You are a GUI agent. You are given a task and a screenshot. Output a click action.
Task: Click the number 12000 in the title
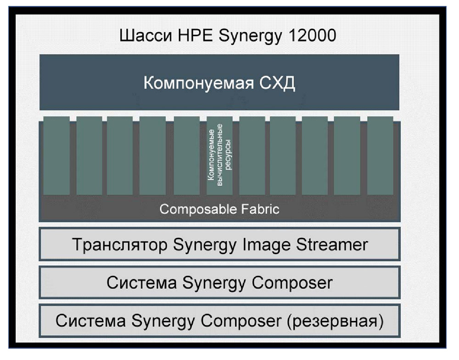tap(312, 35)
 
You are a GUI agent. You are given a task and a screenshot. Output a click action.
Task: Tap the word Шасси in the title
tap(146, 36)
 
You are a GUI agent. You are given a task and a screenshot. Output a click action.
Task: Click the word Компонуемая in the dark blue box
tap(198, 83)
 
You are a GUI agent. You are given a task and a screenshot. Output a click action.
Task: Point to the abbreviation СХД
tap(277, 83)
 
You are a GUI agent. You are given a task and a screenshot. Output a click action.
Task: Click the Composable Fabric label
tap(219, 209)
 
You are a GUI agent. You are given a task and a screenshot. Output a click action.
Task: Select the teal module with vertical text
tap(219, 155)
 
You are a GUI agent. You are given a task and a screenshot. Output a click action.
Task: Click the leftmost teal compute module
tap(56, 155)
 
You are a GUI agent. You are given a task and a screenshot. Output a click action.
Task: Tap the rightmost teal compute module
tap(380, 155)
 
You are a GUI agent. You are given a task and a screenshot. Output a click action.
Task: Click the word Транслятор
tap(120, 245)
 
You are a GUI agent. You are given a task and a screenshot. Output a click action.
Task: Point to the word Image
tap(266, 245)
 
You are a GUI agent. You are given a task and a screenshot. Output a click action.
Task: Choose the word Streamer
tap(332, 245)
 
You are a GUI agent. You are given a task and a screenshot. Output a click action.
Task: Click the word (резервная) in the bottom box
tap(335, 321)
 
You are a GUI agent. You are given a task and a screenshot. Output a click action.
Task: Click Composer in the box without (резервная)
tap(292, 283)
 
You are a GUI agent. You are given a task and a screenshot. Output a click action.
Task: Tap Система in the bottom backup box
tap(91, 321)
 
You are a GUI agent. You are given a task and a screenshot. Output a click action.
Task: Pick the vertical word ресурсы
tap(228, 155)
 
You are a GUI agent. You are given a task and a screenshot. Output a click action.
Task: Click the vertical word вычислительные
tap(219, 155)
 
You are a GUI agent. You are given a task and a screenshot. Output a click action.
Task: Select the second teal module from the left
tap(90, 155)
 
